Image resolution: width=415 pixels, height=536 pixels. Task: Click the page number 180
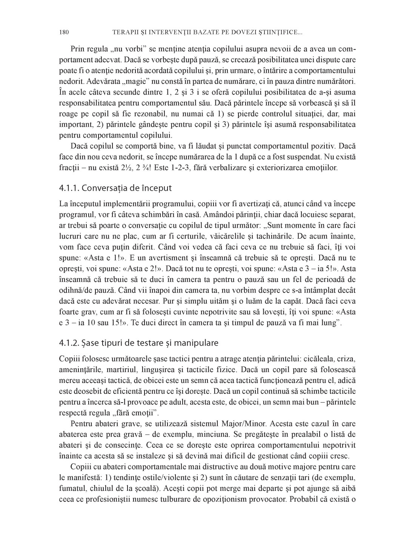63,33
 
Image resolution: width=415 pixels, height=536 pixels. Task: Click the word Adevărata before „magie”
74,81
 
